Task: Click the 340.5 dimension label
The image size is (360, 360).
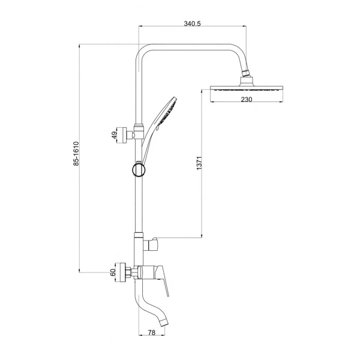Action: (192, 23)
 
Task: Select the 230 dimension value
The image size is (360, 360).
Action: (247, 100)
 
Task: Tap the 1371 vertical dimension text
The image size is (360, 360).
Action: (199, 163)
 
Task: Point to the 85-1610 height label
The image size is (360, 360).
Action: (76, 154)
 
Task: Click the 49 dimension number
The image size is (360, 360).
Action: (114, 135)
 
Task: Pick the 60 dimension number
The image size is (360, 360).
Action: (113, 272)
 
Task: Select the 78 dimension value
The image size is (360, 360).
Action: (152, 332)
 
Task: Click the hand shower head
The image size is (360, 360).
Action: (167, 113)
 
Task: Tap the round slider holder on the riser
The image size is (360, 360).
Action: (139, 170)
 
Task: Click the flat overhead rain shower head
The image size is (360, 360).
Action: (247, 89)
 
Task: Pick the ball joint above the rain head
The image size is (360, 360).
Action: (245, 73)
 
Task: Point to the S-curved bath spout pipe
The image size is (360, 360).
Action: (149, 303)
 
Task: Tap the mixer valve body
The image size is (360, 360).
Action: (147, 272)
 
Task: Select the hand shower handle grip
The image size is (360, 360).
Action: (147, 142)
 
